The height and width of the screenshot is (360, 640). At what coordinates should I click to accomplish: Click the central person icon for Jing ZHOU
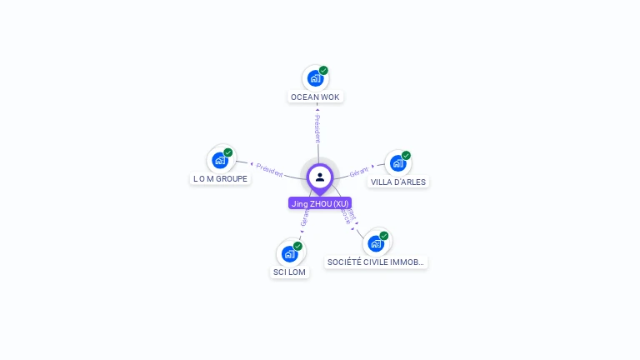[x=320, y=177]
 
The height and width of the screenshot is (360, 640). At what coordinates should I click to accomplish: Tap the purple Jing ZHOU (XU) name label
[x=320, y=203]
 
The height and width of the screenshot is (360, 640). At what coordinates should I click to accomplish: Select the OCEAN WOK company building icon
[x=315, y=78]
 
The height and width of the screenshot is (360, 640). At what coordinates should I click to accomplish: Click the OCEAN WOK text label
[x=315, y=97]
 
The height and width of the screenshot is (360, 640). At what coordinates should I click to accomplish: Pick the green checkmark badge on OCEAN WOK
[x=323, y=71]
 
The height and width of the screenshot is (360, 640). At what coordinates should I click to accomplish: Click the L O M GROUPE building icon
[x=220, y=160]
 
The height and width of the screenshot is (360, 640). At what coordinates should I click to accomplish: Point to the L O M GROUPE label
[x=220, y=178]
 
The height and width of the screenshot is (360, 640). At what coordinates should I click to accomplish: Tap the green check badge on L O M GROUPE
[x=228, y=152]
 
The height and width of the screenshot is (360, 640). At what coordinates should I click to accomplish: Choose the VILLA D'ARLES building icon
[x=398, y=163]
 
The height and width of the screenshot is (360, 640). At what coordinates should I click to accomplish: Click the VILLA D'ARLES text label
[x=398, y=182]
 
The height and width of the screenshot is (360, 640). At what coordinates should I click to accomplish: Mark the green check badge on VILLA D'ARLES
[x=407, y=156]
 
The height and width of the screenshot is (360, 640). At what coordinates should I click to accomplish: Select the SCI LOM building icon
[x=290, y=253]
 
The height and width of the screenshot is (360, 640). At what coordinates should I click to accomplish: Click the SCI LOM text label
[x=290, y=272]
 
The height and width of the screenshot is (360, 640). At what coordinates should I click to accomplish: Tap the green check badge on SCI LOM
[x=298, y=246]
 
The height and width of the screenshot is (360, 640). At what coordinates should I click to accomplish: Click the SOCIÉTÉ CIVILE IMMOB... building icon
[x=377, y=243]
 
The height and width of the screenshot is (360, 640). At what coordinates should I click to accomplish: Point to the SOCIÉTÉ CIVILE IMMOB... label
[x=377, y=262]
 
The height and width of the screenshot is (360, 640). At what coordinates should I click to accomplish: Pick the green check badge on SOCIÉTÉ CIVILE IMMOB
[x=385, y=236]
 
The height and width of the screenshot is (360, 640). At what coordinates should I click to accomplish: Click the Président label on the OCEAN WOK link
[x=317, y=128]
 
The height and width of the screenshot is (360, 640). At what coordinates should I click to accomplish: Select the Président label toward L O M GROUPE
[x=269, y=169]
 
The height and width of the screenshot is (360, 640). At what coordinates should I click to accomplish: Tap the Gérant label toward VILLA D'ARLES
[x=359, y=170]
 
